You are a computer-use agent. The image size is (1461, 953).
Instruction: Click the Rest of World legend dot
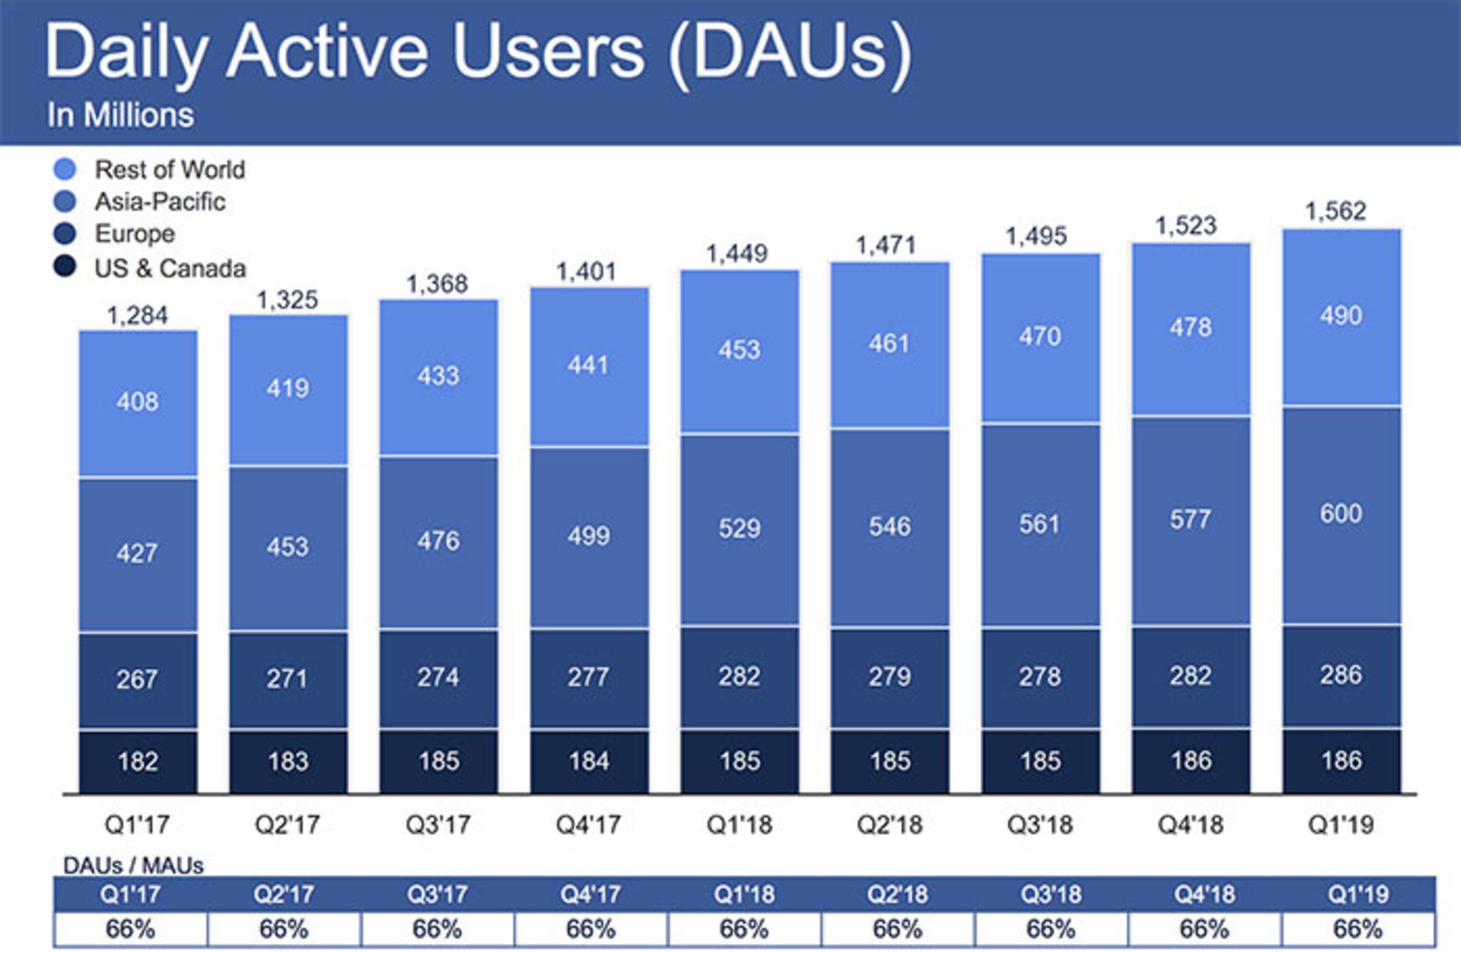65,169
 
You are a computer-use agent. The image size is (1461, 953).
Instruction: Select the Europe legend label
134,233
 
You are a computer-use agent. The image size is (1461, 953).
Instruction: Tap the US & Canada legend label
170,268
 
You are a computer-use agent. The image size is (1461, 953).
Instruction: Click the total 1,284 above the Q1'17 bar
137,315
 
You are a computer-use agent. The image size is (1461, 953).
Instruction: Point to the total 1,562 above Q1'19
1335,211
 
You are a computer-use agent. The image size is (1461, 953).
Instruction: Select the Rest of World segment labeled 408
138,401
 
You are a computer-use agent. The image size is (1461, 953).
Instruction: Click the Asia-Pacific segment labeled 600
1341,513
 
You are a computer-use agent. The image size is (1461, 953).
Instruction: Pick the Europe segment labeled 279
890,676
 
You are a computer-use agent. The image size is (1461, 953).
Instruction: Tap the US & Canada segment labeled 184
589,761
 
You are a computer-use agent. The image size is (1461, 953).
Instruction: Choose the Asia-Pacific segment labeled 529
739,528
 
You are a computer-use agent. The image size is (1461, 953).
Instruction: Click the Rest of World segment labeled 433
438,375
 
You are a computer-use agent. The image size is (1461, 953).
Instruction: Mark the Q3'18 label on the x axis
1039,824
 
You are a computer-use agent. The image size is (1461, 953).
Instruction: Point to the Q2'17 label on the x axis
287,824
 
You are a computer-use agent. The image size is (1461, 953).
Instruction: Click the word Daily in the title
126,52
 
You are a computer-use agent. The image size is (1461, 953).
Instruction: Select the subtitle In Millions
120,116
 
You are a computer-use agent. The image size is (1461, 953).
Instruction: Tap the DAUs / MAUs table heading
133,866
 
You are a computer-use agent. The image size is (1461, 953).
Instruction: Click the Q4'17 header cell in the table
590,894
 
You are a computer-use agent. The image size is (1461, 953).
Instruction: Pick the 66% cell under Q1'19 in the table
1358,929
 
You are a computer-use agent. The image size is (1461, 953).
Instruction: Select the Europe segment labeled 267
138,678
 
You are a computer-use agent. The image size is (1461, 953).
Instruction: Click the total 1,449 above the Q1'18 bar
737,253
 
